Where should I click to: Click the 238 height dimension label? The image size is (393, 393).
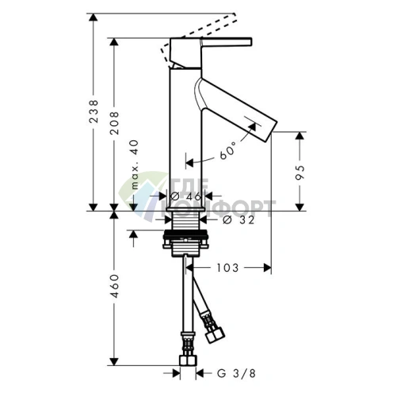point(93,111)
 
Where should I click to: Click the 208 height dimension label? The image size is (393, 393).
point(114,123)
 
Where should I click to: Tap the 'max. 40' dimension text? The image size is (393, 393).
point(135,165)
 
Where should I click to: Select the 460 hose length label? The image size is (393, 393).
point(114,286)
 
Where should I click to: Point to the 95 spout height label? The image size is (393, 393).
point(300,173)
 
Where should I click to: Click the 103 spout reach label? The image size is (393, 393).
point(227,268)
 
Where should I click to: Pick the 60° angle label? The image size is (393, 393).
point(228,150)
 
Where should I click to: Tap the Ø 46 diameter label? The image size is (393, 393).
point(185,196)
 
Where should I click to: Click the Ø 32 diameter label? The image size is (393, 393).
point(238,219)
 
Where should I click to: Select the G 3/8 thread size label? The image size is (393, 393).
point(236,373)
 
